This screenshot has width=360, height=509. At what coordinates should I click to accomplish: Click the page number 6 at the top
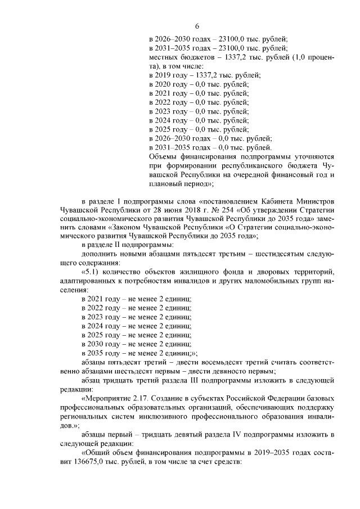coord(197,25)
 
